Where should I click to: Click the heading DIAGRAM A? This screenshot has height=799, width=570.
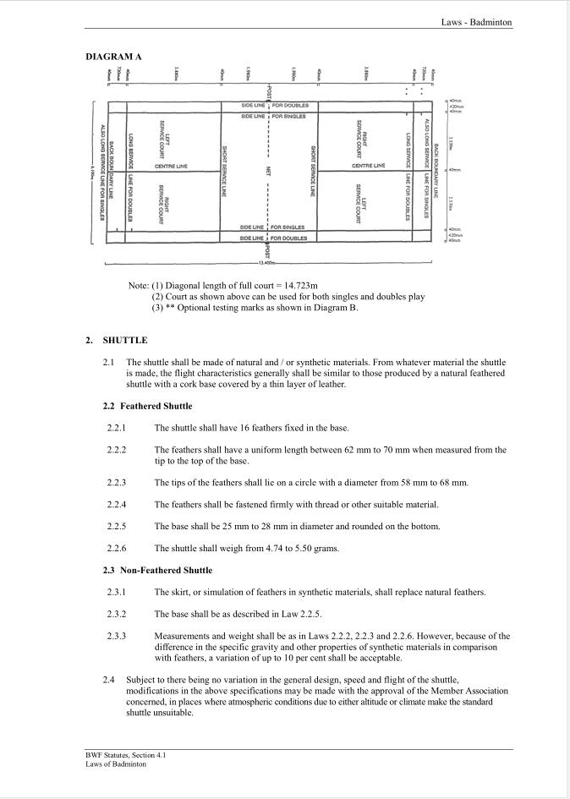113,57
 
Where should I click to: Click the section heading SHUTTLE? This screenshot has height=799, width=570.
124,340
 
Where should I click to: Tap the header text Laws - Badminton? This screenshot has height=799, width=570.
476,22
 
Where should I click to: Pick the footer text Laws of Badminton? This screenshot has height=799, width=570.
116,764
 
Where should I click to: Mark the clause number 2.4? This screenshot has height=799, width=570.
109,680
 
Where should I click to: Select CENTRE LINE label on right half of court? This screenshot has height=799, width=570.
368,166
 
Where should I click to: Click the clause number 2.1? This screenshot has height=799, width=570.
109,362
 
